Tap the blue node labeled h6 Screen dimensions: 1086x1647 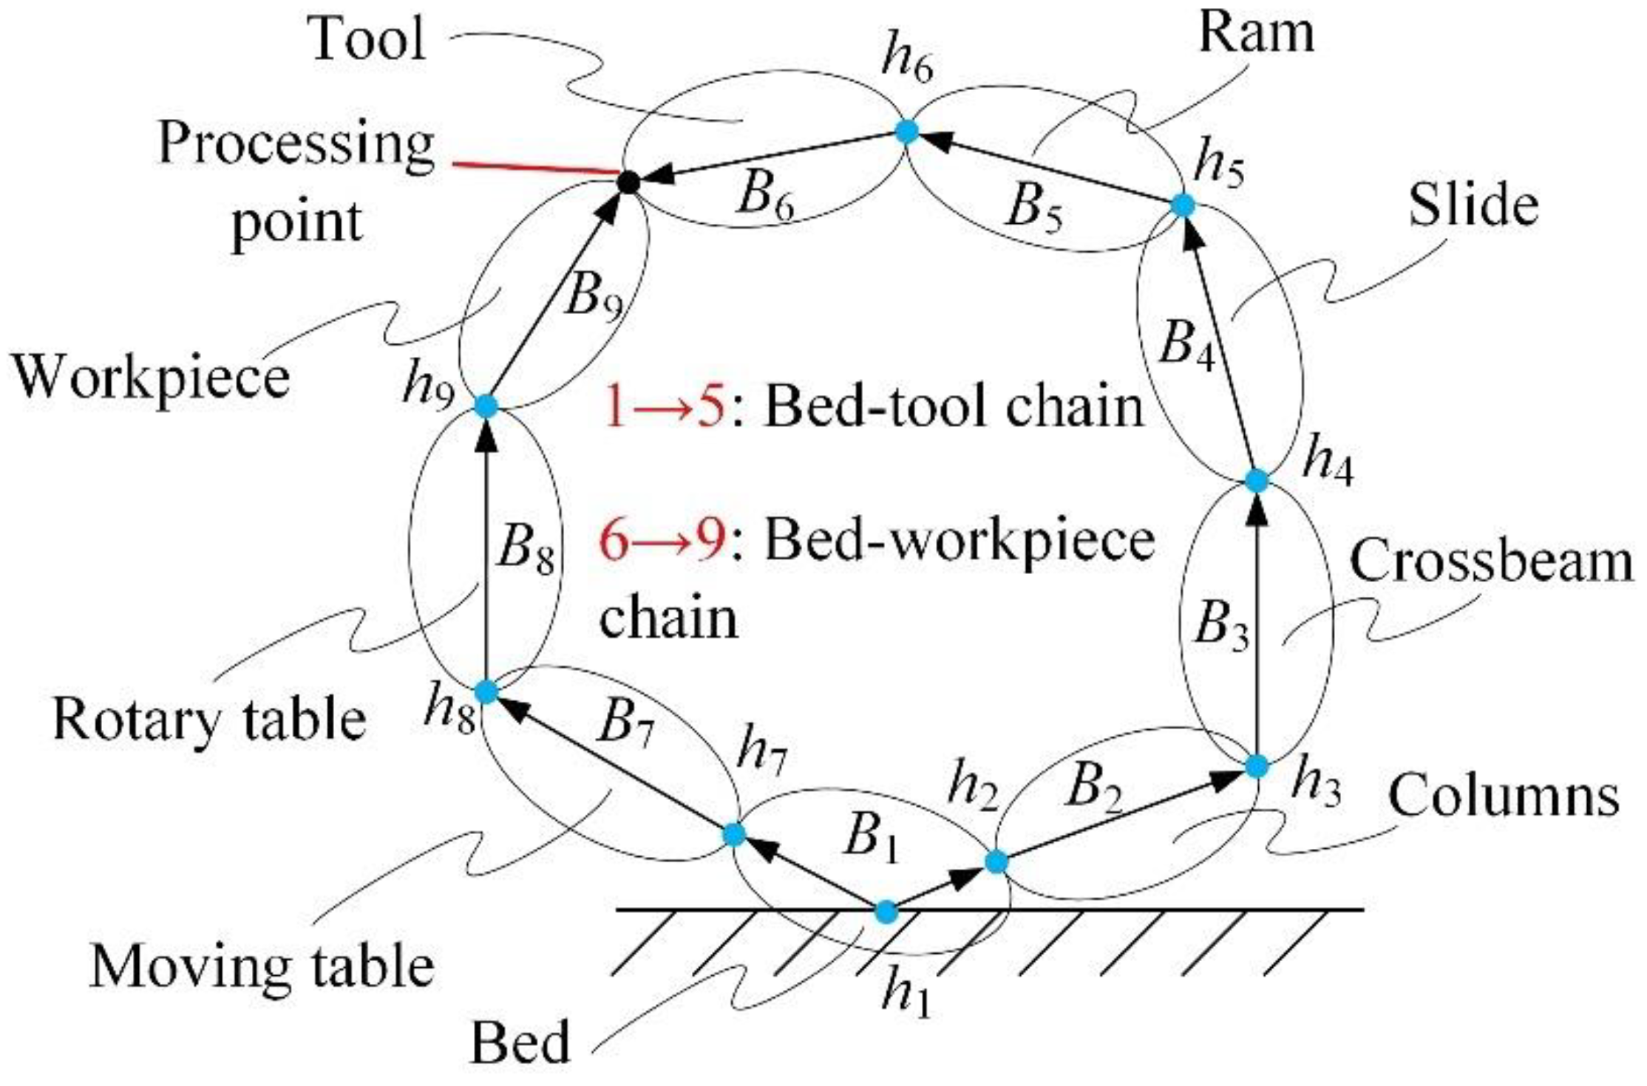click(x=906, y=132)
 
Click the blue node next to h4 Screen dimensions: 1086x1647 click(x=1257, y=480)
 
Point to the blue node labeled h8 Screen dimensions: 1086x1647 click(x=486, y=692)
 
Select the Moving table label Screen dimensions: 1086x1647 click(x=262, y=968)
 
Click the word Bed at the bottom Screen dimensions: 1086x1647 click(x=520, y=1042)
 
